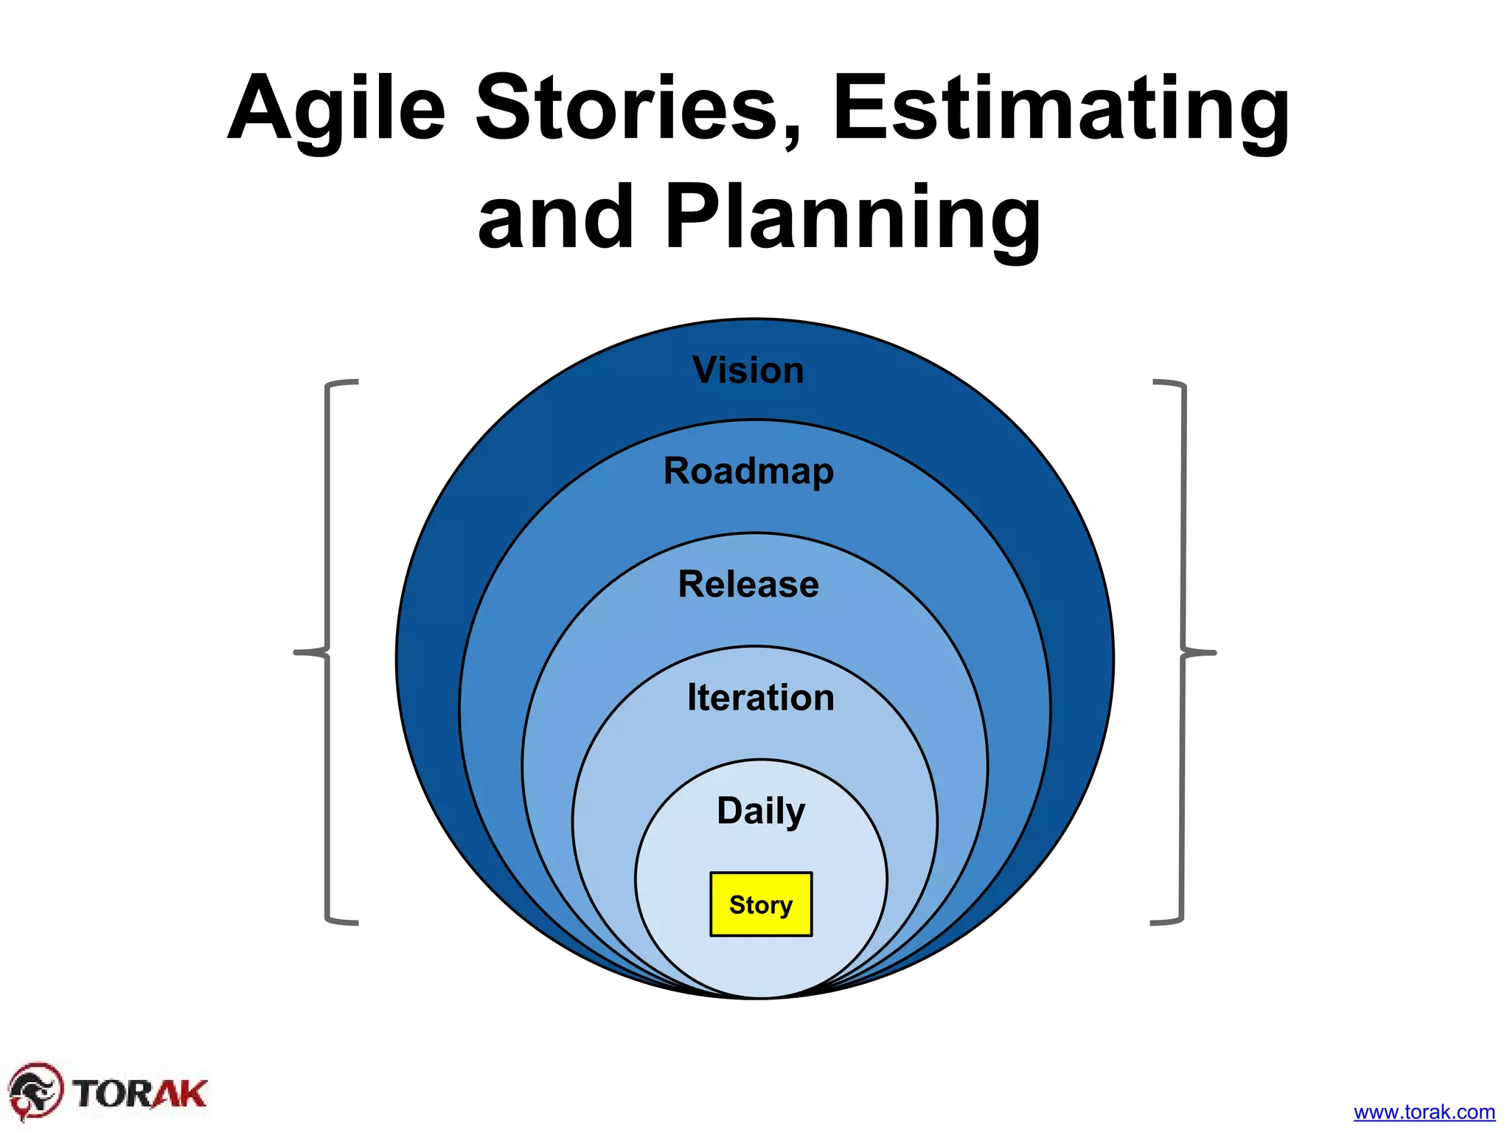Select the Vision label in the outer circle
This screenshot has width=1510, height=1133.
(748, 370)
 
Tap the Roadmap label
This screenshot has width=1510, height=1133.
(748, 471)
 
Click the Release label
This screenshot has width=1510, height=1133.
(748, 584)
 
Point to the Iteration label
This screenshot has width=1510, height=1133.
(760, 697)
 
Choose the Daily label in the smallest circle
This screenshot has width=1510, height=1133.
(761, 811)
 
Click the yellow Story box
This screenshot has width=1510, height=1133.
(761, 904)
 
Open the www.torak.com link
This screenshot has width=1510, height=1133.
(1424, 1112)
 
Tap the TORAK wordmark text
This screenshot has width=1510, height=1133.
(140, 1093)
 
